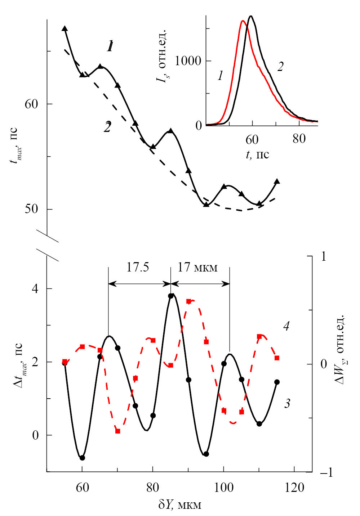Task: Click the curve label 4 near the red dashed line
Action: [286, 327]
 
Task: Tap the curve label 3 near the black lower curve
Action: [287, 404]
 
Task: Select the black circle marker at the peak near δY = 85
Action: [171, 296]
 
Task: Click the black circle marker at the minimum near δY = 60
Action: [82, 458]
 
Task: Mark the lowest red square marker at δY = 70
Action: [117, 431]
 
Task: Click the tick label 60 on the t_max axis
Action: [31, 104]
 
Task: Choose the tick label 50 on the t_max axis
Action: [31, 209]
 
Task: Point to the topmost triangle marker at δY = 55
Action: [65, 28]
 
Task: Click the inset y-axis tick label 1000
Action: [188, 61]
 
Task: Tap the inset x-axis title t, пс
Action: [257, 154]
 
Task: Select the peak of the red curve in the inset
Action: [243, 21]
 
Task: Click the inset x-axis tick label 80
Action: [299, 139]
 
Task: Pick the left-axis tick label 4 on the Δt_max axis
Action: [35, 289]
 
